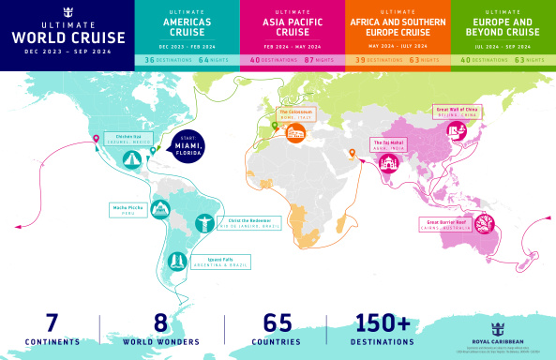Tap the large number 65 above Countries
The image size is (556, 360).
(277, 322)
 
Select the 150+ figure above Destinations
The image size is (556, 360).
(383, 322)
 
